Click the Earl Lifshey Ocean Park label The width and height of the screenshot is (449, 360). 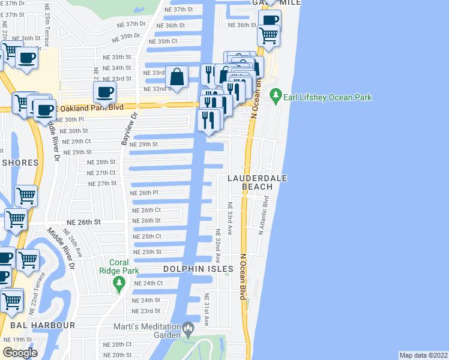pos(328,97)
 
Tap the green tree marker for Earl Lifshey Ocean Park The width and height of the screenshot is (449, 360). pos(276,95)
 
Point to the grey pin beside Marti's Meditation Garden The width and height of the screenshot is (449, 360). pos(188,328)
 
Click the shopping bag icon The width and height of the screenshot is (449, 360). pos(178,77)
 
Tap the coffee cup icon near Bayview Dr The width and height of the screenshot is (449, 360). pos(105,92)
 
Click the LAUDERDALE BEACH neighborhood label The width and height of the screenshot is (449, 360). pos(257,182)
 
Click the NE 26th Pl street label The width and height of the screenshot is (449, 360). pos(144,193)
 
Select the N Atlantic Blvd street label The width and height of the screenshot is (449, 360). pos(263,218)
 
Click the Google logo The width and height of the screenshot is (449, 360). pos(20,352)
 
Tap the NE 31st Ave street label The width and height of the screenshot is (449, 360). pos(206,310)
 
